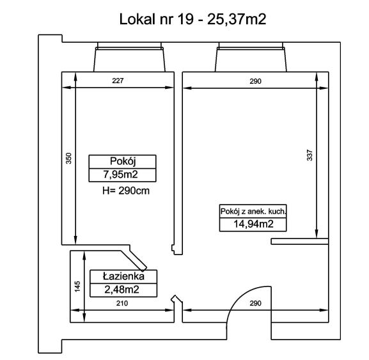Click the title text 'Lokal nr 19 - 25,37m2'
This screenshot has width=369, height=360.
[x=192, y=19]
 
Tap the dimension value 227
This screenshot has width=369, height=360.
[x=118, y=81]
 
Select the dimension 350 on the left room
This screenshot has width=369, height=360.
[x=68, y=159]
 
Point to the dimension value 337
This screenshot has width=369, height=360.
[x=310, y=155]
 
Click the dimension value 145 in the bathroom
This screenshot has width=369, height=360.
[x=77, y=286]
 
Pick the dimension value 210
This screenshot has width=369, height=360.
[x=122, y=303]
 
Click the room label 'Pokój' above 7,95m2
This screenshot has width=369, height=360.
[x=123, y=161]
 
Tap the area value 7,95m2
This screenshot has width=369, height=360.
[x=120, y=175]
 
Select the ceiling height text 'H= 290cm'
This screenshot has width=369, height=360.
[x=126, y=191]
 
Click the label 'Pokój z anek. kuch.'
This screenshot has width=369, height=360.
[x=253, y=211]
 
